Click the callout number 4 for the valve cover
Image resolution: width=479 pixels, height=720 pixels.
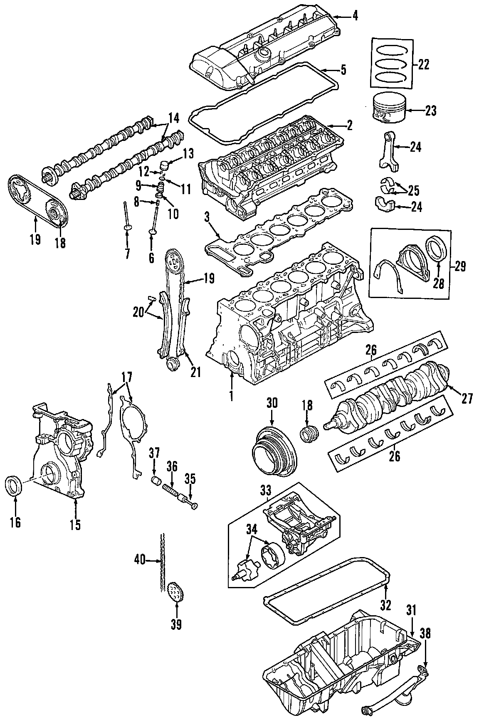(355, 17)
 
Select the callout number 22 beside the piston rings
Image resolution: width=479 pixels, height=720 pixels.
(423, 64)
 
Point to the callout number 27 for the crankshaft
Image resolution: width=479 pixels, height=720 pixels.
(467, 399)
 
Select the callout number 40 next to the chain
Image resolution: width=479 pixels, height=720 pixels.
(140, 561)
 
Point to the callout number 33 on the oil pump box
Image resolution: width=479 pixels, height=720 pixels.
(265, 491)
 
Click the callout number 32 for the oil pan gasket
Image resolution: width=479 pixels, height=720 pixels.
(385, 604)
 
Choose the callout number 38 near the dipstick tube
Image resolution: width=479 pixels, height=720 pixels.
(425, 633)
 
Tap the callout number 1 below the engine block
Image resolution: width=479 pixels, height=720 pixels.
(231, 395)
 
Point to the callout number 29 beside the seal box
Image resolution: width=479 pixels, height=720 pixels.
(460, 266)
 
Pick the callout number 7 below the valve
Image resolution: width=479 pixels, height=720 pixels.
(127, 253)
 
